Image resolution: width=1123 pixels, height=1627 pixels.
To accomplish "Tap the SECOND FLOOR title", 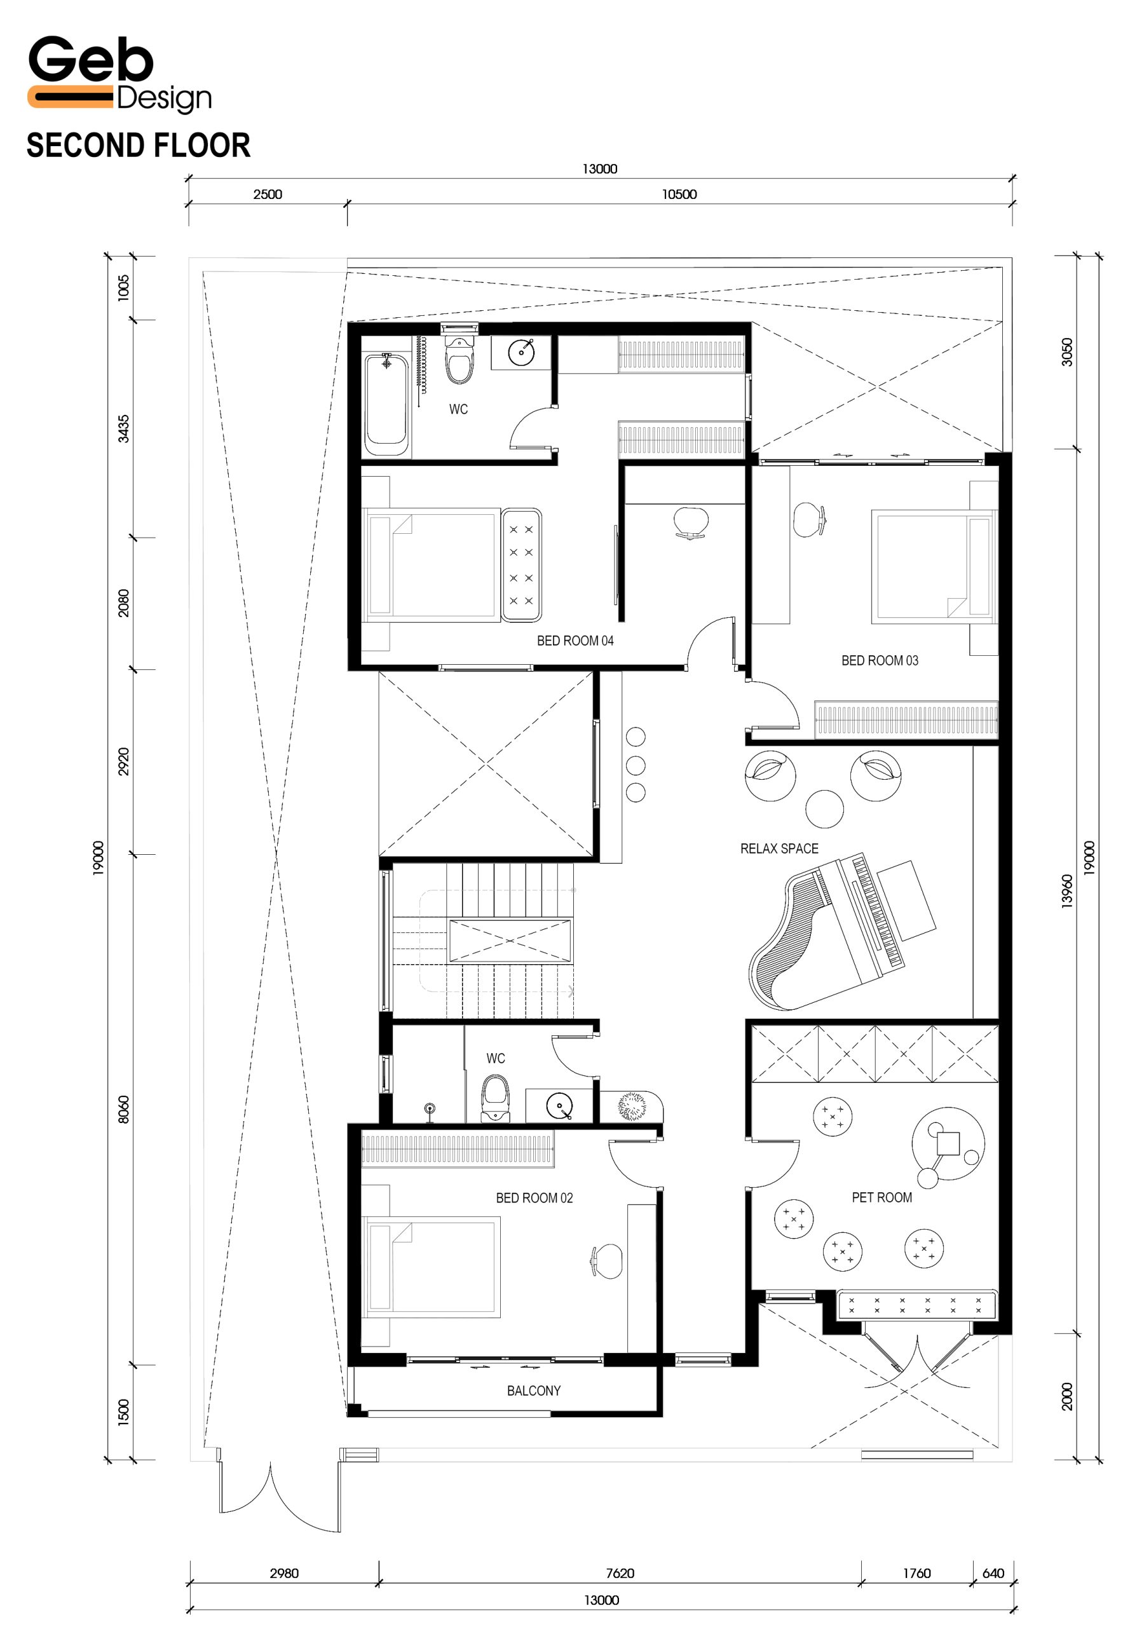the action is coord(139,146).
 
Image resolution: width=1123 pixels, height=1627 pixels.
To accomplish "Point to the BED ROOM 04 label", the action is coord(575,641).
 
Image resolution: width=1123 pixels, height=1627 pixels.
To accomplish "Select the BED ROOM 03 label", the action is coord(880,661).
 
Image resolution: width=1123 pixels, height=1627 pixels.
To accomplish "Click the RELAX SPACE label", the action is coord(779,848).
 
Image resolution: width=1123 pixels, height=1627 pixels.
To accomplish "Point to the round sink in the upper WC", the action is coord(521,350).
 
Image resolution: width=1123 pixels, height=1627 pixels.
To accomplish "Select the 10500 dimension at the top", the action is coord(679,194).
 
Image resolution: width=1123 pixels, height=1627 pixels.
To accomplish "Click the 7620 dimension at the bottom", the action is coord(620,1573).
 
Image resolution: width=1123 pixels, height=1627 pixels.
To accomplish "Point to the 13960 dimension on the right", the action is coord(1066,891).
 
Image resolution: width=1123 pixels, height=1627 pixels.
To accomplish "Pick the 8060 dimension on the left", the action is coord(123,1110).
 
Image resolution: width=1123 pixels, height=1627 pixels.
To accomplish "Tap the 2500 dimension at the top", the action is coord(268,194).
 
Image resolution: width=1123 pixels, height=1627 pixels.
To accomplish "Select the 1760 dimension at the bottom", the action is coord(916,1573).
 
